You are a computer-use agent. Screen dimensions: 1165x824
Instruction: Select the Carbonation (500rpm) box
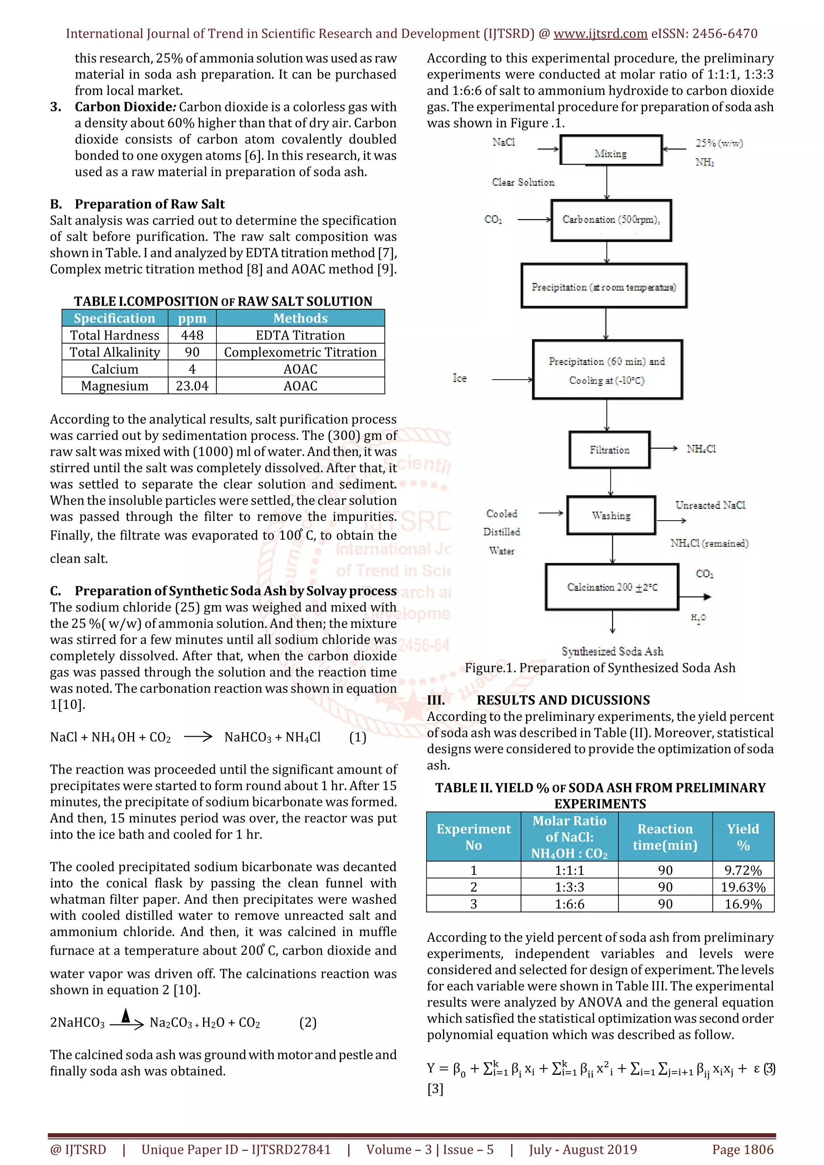[611, 220]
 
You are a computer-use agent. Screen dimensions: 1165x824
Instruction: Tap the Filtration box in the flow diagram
[610, 450]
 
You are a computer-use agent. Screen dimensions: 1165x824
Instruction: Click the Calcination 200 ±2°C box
[612, 587]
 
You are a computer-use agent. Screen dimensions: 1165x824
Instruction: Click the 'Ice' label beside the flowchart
[459, 379]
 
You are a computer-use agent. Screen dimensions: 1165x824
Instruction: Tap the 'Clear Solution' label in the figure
[523, 182]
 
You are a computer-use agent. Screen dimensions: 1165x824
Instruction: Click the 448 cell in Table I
[192, 336]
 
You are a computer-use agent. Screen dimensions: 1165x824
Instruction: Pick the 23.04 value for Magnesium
[192, 386]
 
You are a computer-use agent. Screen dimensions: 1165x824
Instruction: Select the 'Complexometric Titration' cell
[301, 352]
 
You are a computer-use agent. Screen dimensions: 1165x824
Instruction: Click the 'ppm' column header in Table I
[192, 318]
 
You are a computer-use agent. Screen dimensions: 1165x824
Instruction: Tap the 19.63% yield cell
[743, 887]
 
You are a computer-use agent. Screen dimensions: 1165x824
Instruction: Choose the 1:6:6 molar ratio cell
[569, 904]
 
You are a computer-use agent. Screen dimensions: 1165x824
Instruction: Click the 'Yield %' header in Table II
[743, 837]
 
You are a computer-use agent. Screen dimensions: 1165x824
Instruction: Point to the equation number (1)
[358, 737]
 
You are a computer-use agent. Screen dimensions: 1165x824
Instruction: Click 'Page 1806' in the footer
[743, 1149]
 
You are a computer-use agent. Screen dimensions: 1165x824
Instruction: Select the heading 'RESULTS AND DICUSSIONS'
[563, 700]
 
